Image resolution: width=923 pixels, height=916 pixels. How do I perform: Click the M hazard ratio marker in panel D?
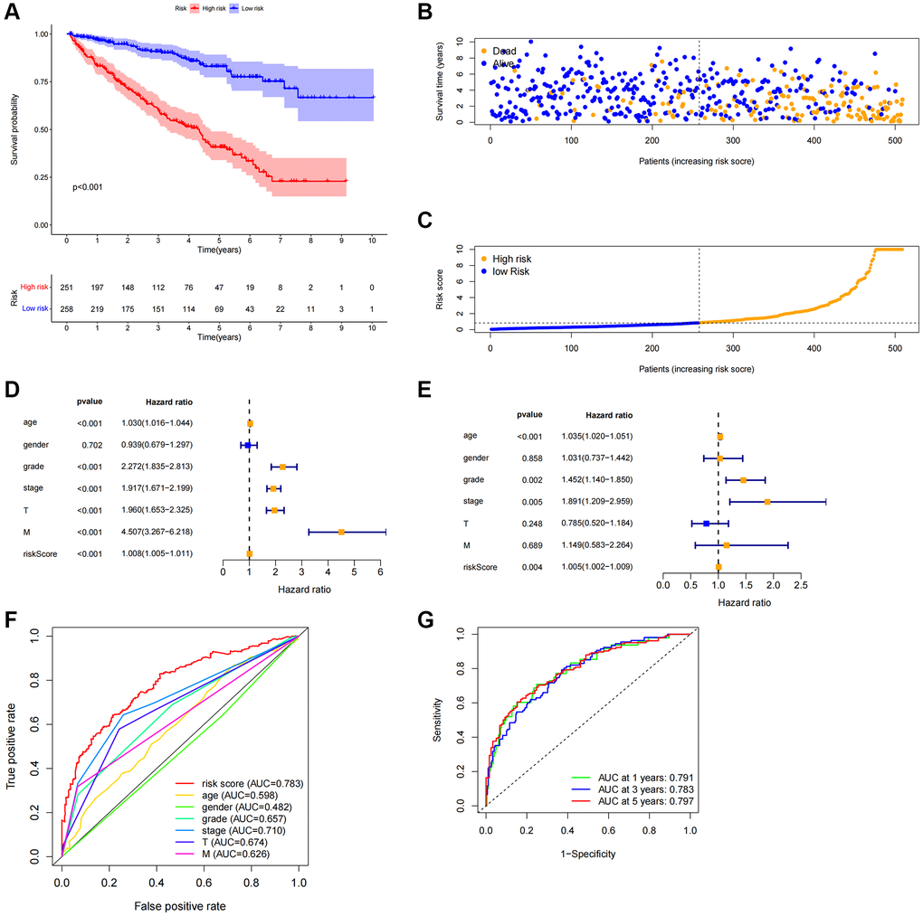341,532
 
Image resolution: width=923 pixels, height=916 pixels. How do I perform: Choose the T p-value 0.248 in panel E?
531,523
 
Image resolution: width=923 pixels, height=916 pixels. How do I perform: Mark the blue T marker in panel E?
706,524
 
